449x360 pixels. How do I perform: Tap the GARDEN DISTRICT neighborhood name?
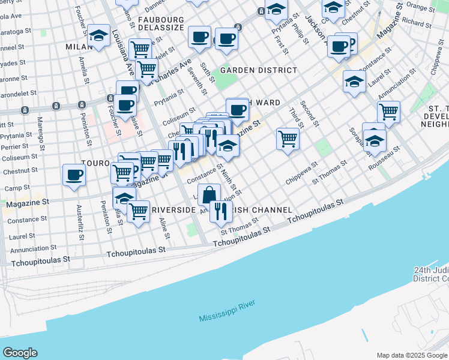pyautogui.click(x=258, y=70)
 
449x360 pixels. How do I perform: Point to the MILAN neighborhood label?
pyautogui.click(x=78, y=46)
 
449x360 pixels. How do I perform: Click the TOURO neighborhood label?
pyautogui.click(x=95, y=163)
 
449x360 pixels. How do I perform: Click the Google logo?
pyautogui.click(x=20, y=353)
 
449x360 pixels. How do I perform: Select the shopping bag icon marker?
pyautogui.click(x=209, y=195)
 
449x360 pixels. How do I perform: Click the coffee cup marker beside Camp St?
pyautogui.click(x=74, y=175)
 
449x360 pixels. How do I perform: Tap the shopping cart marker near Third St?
pyautogui.click(x=288, y=139)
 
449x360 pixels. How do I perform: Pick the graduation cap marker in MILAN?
pyautogui.click(x=98, y=36)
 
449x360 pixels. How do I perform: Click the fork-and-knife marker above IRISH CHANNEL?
pyautogui.click(x=221, y=211)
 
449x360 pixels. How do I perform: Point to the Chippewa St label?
pyautogui.click(x=301, y=171)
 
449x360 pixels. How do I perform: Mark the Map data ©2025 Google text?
pyautogui.click(x=412, y=355)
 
